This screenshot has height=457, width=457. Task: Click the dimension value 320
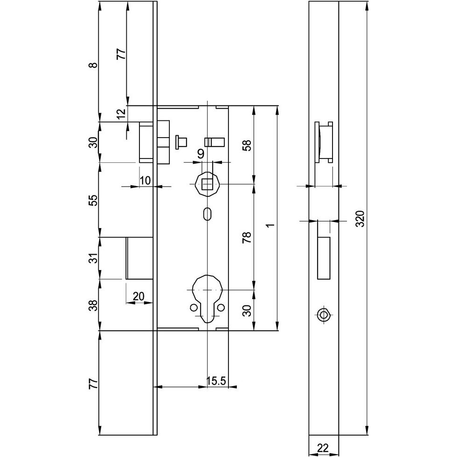point(360,219)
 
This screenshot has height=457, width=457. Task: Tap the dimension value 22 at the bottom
point(323,447)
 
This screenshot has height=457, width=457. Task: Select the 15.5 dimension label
point(216,381)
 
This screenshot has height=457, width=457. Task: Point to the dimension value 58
point(247,145)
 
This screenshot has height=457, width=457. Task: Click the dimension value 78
point(247,237)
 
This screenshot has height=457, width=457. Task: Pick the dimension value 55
point(94,200)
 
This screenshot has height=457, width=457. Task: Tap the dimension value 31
point(94,258)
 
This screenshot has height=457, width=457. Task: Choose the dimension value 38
point(94,305)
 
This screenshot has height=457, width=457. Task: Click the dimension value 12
point(121,113)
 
